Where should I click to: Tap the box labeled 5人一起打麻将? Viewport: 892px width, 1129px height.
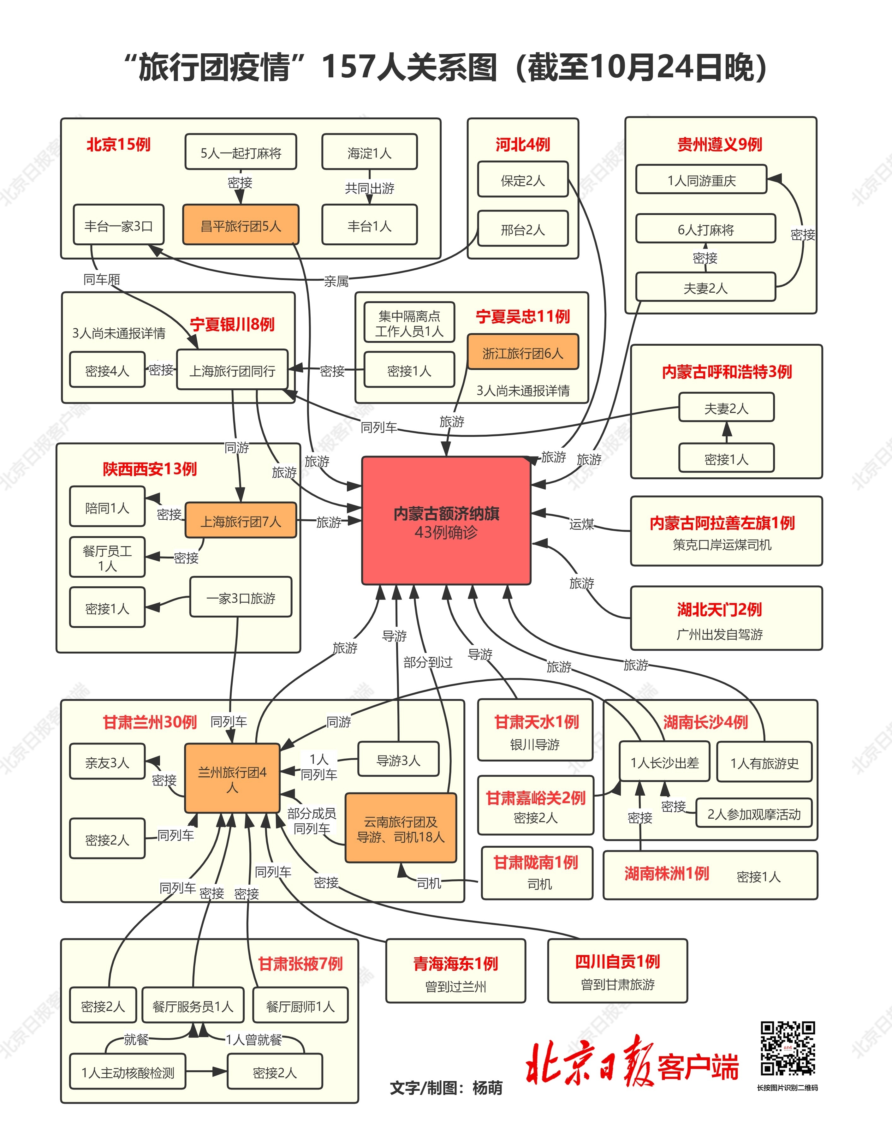tap(241, 152)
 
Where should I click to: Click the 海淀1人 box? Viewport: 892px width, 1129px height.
tap(369, 152)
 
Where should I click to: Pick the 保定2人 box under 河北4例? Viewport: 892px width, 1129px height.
tap(522, 180)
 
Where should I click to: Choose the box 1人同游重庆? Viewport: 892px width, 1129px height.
tap(701, 180)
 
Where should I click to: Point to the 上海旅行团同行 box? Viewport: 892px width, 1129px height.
tap(232, 370)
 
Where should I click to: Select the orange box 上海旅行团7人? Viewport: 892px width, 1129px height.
tap(241, 521)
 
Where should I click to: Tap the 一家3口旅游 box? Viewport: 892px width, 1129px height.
tap(241, 598)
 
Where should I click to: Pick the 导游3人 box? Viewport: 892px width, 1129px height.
tap(398, 760)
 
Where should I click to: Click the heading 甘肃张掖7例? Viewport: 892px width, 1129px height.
tap(300, 963)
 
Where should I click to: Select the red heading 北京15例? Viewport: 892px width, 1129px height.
tap(119, 144)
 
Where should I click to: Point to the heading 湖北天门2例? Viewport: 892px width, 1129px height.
tap(719, 609)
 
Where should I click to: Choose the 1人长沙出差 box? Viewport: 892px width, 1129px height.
tap(664, 763)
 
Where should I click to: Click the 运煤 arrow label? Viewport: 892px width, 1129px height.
tap(581, 523)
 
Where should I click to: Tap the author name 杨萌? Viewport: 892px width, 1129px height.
tap(487, 1088)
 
